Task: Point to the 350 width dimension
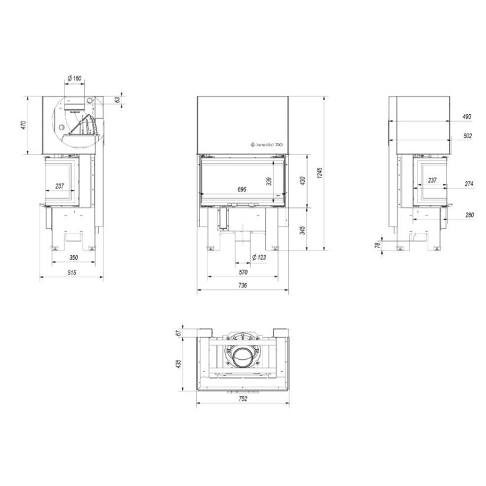73,258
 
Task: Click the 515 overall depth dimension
72,273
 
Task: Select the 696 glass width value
242,189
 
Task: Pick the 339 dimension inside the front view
269,181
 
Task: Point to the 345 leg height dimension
303,230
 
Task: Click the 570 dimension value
242,273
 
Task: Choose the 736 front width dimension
242,286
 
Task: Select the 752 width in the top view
242,399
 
